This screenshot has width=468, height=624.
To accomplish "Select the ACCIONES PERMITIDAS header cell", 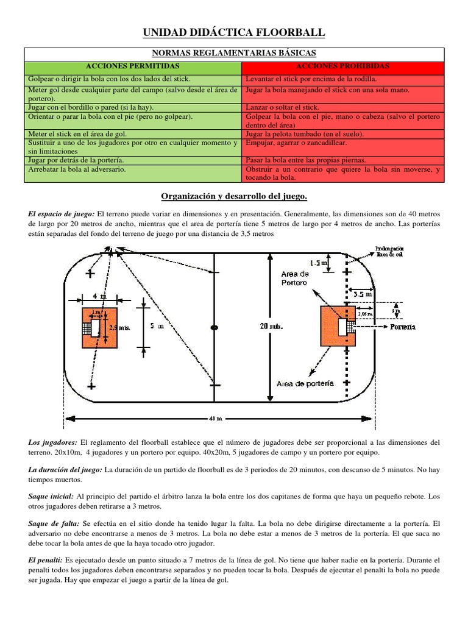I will point(132,66).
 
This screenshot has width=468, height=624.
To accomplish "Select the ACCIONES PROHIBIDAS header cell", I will point(342,66).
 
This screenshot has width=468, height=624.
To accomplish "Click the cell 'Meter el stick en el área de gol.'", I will point(132,133).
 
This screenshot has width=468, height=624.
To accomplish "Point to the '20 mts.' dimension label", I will point(272,326).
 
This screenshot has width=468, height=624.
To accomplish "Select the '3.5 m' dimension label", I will point(362,294).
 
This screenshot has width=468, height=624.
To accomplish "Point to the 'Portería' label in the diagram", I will point(403,327).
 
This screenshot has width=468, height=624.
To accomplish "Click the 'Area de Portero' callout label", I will point(295,278).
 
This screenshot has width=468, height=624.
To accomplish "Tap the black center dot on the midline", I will point(214,327).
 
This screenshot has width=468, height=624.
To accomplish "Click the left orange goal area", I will point(99,328).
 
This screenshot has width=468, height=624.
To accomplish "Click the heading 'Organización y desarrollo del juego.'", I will point(234,196).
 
